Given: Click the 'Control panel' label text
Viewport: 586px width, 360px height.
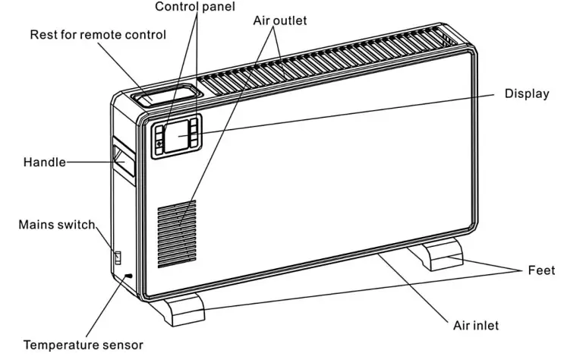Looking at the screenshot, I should click(x=195, y=7).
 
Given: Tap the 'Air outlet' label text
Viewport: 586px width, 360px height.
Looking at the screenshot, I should click(x=279, y=21).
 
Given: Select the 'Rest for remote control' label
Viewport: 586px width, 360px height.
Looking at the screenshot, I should click(x=97, y=35).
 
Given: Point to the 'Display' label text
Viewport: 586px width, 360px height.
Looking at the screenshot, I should click(x=527, y=93).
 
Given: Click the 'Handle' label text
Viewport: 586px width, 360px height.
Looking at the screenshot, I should click(x=44, y=163).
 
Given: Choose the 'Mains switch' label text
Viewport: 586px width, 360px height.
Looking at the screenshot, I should click(x=57, y=225).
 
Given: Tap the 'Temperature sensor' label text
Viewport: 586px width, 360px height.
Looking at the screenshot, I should click(x=83, y=345).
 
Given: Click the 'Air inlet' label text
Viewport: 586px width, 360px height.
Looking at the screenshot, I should click(x=476, y=326).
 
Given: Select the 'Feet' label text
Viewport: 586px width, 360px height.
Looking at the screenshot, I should click(x=541, y=270).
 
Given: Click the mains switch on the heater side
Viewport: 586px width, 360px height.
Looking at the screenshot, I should click(x=118, y=258).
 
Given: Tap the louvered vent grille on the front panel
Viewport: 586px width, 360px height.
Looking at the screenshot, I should click(x=177, y=232).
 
